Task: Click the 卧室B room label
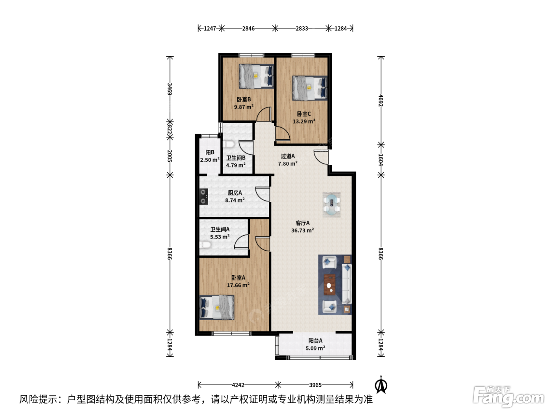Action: pyautogui.click(x=244, y=100)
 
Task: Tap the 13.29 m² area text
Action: pyautogui.click(x=304, y=122)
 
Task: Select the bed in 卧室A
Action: pyautogui.click(x=217, y=308)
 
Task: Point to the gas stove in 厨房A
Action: pyautogui.click(x=203, y=197)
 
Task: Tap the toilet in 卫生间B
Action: pyautogui.click(x=229, y=144)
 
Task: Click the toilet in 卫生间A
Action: pyautogui.click(x=205, y=245)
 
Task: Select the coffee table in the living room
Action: pyautogui.click(x=329, y=285)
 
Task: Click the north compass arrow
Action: pyautogui.click(x=381, y=385)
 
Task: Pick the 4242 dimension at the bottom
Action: pyautogui.click(x=238, y=385)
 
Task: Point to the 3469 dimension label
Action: pyautogui.click(x=170, y=89)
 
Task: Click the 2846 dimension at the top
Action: pyautogui.click(x=248, y=29)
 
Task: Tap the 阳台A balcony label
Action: pyautogui.click(x=315, y=341)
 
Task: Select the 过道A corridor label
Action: pyautogui.click(x=288, y=156)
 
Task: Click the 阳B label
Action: pyautogui.click(x=210, y=152)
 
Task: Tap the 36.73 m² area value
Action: pyautogui.click(x=303, y=230)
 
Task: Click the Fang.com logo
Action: pyautogui.click(x=508, y=397)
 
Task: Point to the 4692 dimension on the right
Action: pyautogui.click(x=381, y=101)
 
